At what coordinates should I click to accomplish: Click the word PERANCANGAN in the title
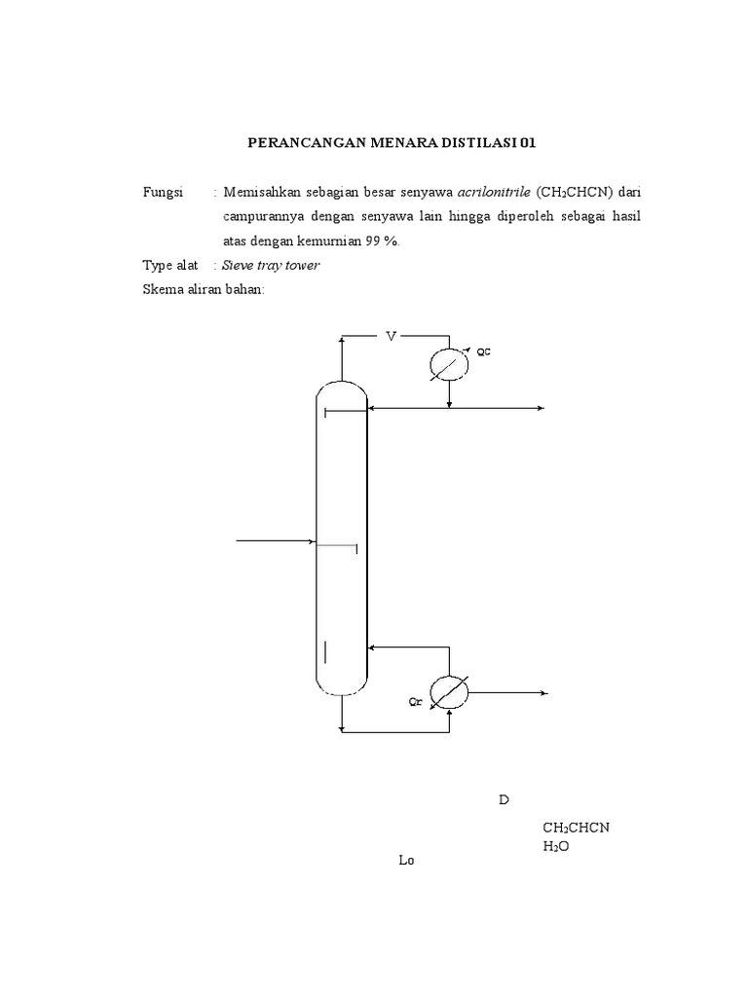point(302,143)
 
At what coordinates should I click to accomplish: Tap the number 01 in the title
point(527,143)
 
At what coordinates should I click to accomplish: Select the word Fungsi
point(163,193)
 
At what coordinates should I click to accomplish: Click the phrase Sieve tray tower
point(271,265)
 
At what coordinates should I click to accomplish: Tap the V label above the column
point(392,337)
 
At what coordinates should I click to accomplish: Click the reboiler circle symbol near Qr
point(449,691)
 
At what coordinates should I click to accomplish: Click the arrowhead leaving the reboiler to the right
point(543,692)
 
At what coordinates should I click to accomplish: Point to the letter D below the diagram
point(504,800)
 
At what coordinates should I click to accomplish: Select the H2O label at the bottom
point(556,846)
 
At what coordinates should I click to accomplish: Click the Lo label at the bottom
point(407,861)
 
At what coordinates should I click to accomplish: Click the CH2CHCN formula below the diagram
point(576,828)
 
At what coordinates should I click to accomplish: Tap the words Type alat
point(170,265)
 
